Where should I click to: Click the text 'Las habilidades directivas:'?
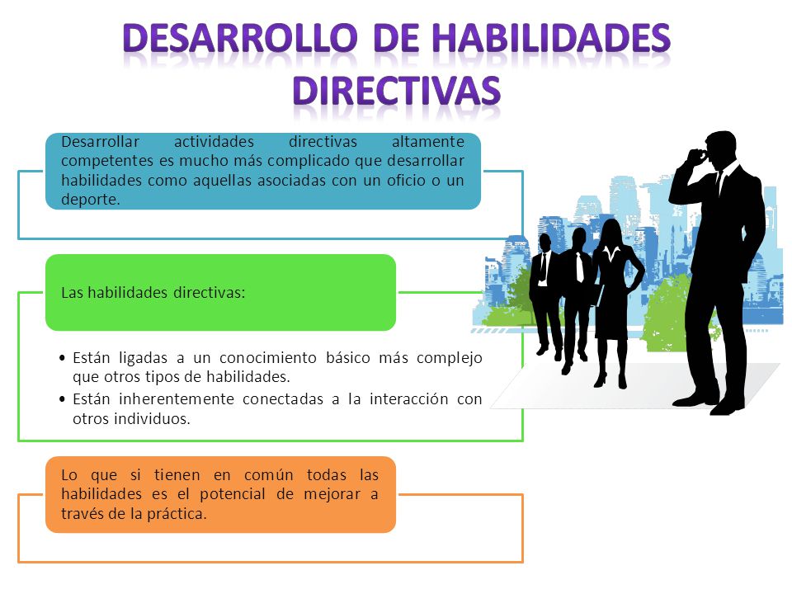coord(153,293)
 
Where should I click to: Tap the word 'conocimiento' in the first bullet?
coord(270,358)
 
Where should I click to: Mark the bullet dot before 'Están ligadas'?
coord(65,359)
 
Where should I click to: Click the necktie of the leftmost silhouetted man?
coord(543,267)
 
